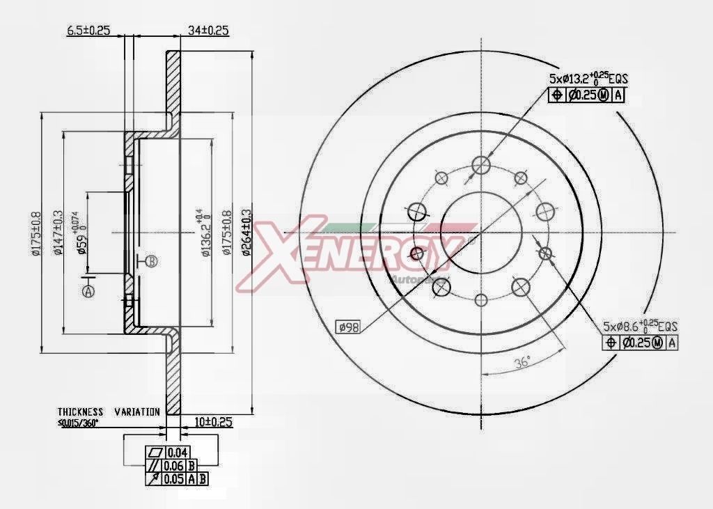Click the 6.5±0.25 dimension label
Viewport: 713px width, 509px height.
[88, 30]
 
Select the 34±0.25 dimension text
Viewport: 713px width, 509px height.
[209, 30]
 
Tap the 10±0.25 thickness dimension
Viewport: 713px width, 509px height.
[212, 422]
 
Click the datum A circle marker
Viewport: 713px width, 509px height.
[88, 292]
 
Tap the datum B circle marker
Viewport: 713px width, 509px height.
[152, 261]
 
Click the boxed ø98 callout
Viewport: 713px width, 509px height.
[347, 326]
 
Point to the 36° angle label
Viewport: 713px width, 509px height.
[522, 361]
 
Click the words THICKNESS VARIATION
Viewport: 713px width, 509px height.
[108, 412]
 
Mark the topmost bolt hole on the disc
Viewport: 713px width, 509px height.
[481, 165]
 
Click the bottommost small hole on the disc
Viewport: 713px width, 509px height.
[481, 300]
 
